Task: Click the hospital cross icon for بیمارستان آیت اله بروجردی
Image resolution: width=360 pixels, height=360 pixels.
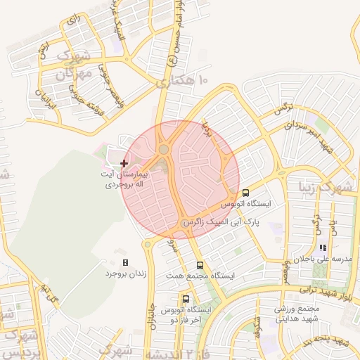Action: click(124, 163)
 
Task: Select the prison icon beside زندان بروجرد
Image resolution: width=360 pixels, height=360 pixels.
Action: click(126, 262)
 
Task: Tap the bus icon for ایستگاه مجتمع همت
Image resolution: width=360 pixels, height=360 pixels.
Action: click(200, 265)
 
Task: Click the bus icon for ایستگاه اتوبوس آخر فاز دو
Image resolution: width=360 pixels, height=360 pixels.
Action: click(186, 299)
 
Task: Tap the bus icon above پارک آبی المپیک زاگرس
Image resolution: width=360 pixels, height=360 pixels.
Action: click(245, 193)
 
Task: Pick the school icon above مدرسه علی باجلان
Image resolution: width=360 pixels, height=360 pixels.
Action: click(323, 247)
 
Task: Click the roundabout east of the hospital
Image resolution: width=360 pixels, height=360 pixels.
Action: click(164, 149)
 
